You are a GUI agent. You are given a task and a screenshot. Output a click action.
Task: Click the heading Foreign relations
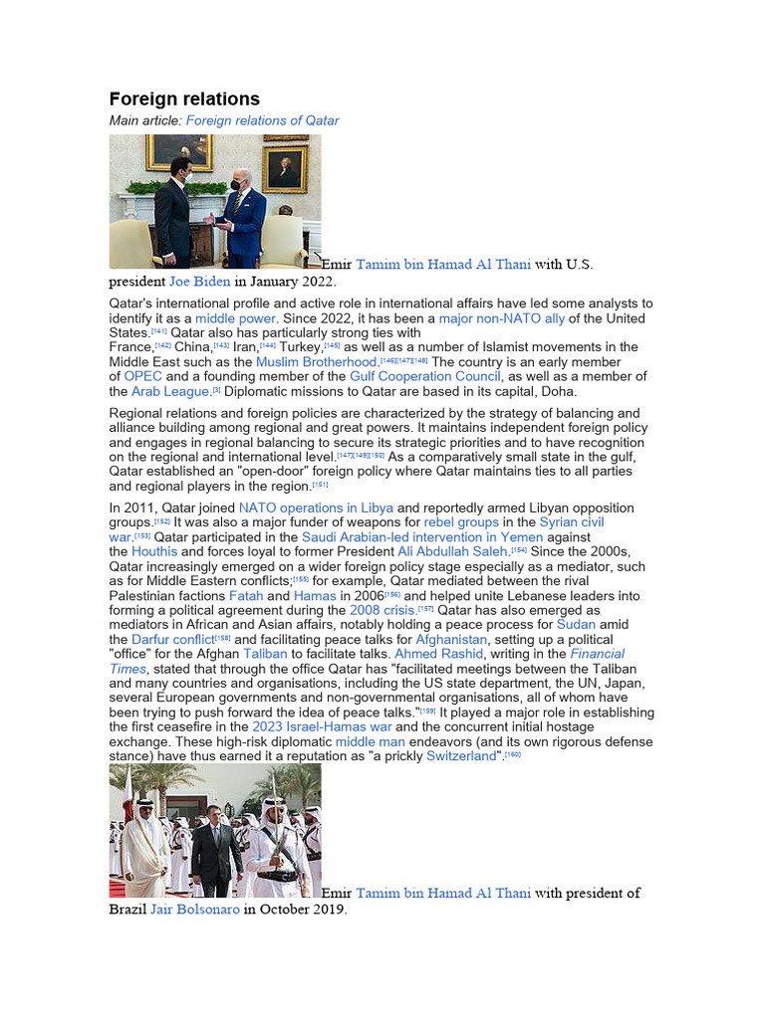(x=184, y=99)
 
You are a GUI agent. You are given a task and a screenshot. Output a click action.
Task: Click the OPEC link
(x=143, y=377)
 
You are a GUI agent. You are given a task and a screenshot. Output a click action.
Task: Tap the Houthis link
(x=153, y=551)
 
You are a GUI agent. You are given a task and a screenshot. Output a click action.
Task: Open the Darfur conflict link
(x=172, y=639)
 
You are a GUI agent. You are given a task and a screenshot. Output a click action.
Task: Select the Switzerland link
(x=461, y=756)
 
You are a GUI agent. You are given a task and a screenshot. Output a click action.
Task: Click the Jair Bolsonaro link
(x=195, y=909)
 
